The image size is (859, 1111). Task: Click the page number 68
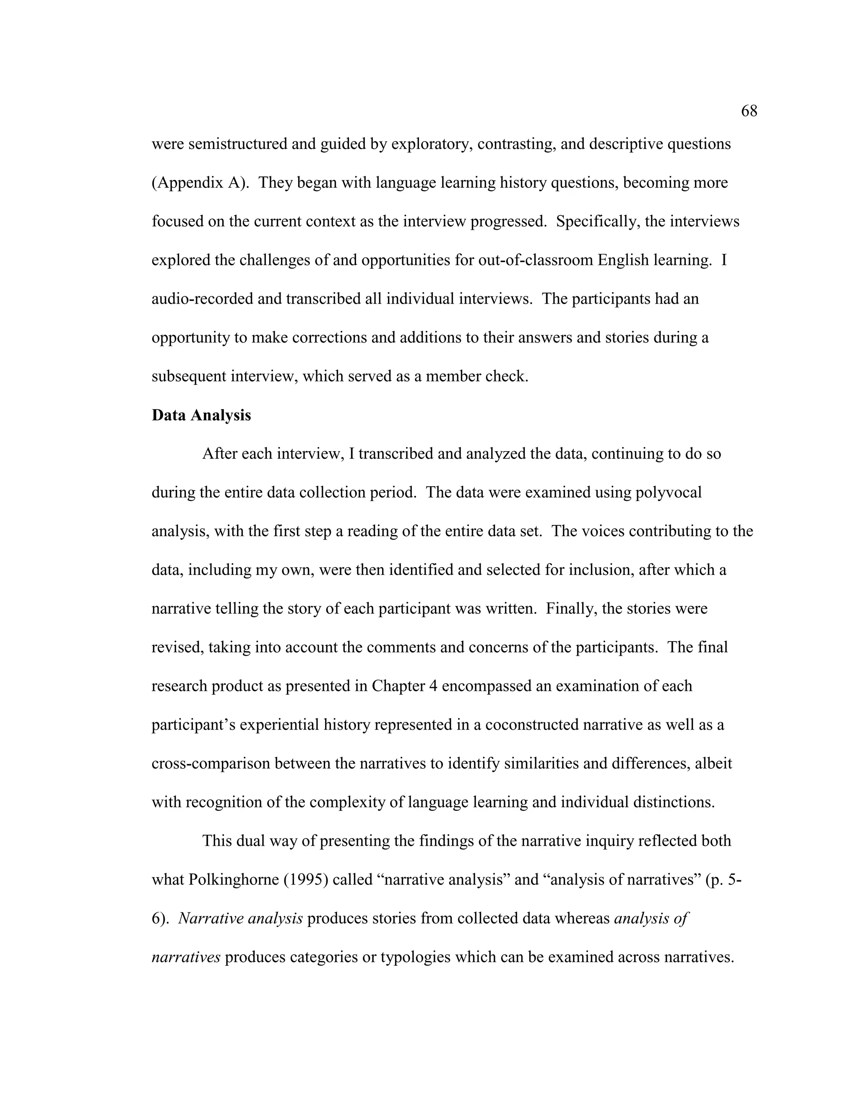(749, 111)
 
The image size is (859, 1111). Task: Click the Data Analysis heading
(201, 415)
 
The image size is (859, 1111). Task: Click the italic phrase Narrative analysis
(240, 919)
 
